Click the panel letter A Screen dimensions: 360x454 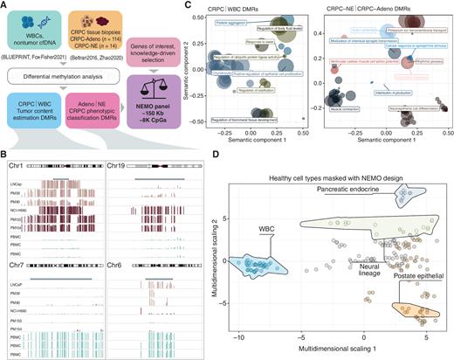click(5, 5)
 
